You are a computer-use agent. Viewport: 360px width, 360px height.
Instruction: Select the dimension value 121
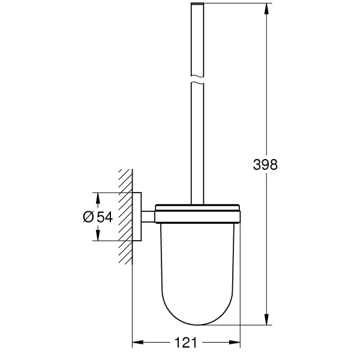[x=187, y=343]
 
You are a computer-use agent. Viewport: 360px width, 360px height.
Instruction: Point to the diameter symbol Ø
[x=86, y=217]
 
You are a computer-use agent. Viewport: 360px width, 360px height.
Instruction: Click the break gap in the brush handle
[x=197, y=79]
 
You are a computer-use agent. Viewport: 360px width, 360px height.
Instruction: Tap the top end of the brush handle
[x=197, y=5]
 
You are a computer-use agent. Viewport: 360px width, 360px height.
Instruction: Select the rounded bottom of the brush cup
[x=197, y=312]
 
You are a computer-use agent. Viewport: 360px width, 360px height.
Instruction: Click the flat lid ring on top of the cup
[x=197, y=209]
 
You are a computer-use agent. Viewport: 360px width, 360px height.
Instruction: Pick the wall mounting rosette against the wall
[x=137, y=217]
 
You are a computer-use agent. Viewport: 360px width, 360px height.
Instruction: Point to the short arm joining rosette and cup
[x=148, y=217]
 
